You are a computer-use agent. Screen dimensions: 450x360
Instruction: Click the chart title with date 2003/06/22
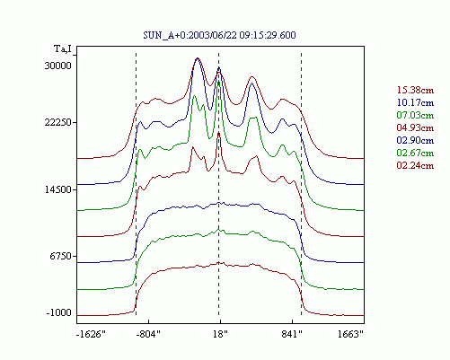click(x=219, y=35)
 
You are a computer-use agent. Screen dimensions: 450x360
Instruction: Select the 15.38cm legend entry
click(x=415, y=90)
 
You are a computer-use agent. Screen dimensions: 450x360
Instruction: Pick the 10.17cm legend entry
click(x=415, y=102)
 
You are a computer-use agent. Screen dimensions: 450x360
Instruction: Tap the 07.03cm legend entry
click(x=415, y=115)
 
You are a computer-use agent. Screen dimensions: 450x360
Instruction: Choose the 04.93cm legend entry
click(x=415, y=127)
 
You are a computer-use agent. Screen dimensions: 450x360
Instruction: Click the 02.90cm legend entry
click(x=415, y=140)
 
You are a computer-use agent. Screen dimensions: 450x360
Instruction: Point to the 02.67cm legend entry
click(x=415, y=153)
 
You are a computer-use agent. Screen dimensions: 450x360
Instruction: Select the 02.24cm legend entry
click(x=415, y=165)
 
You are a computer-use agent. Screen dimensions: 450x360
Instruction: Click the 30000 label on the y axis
click(x=58, y=66)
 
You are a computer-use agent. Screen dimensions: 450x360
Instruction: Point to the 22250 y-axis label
click(x=58, y=122)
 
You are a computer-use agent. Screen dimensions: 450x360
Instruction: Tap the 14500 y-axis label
click(x=58, y=189)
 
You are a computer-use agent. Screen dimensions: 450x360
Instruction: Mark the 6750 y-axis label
click(x=60, y=256)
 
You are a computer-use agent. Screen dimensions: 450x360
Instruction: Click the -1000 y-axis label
click(x=59, y=313)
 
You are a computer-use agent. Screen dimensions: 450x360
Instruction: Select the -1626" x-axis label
click(x=92, y=334)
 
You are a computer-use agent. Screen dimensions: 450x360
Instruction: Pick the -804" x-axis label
click(x=148, y=334)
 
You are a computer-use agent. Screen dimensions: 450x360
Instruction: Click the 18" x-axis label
click(x=220, y=334)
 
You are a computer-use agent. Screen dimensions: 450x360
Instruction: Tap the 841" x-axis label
click(x=292, y=334)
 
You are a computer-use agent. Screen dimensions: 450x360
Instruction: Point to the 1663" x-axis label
click(x=350, y=334)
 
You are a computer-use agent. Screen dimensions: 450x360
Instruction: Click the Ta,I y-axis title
click(x=63, y=48)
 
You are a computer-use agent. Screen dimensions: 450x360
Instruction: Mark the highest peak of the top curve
click(x=198, y=58)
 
